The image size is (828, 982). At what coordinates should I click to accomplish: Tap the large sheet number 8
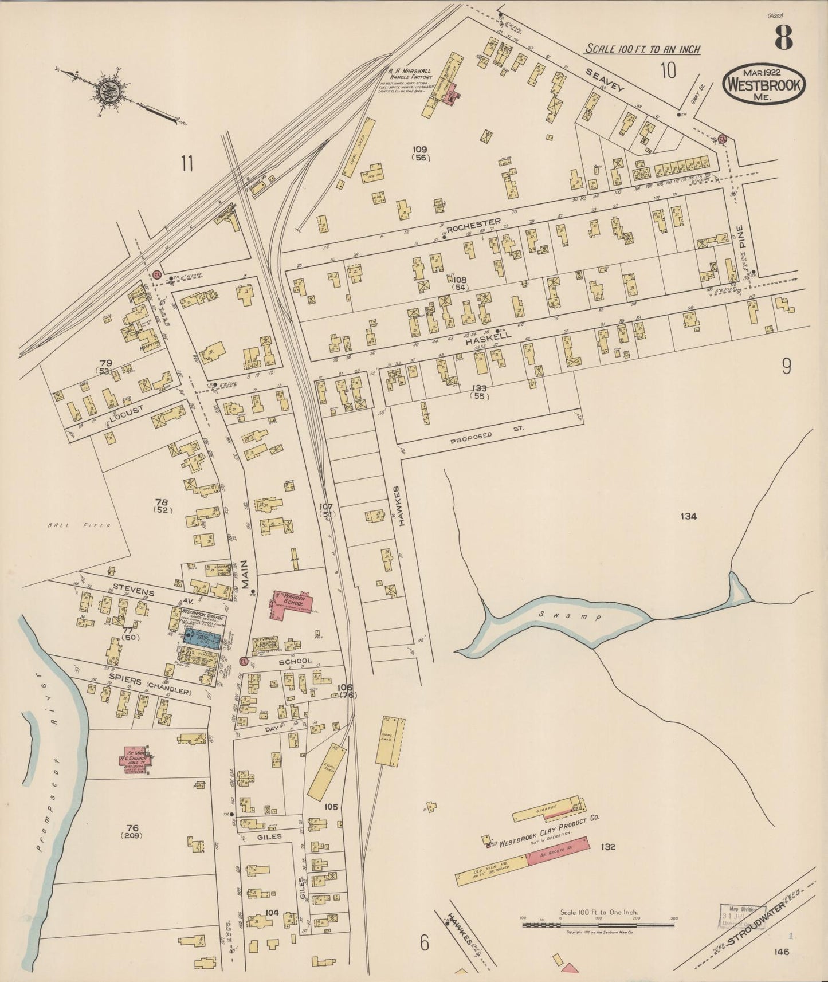click(x=783, y=39)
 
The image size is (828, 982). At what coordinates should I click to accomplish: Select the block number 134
click(x=688, y=516)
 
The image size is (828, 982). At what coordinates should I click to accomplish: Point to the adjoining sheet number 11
click(x=187, y=163)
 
